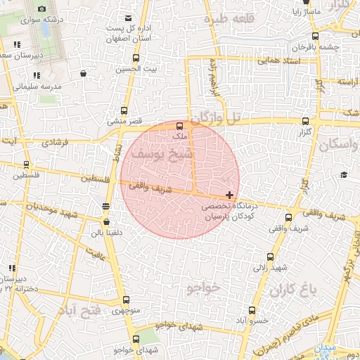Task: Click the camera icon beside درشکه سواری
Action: click(41, 8)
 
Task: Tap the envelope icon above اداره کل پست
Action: click(127, 18)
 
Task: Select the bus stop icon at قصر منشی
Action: click(124, 110)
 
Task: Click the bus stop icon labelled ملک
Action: click(179, 125)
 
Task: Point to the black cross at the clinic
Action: click(229, 195)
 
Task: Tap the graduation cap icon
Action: click(344, 175)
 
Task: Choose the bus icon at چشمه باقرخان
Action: click(314, 37)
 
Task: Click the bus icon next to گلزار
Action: click(305, 122)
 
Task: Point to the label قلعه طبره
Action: click(227, 20)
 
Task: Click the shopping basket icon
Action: click(84, 73)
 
